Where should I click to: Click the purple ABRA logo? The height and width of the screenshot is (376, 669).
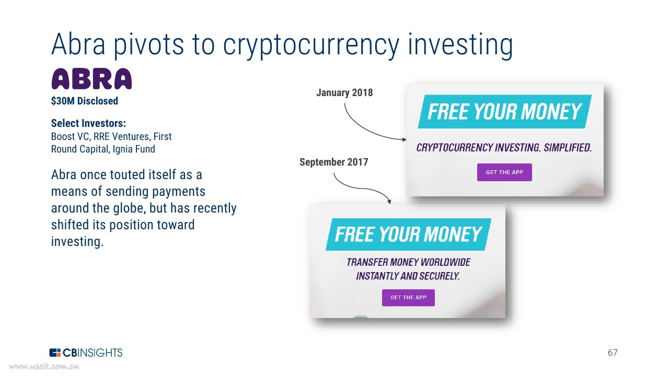click(91, 79)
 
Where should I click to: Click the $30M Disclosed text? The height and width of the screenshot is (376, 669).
click(85, 101)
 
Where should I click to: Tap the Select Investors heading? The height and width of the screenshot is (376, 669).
click(88, 123)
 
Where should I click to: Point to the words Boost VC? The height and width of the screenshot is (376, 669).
click(70, 136)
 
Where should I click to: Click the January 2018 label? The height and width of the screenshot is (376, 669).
click(344, 92)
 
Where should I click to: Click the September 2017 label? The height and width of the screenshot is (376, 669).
click(333, 162)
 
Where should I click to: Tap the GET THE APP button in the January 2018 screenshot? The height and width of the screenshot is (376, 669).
click(504, 172)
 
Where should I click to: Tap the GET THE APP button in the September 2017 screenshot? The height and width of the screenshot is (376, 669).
click(408, 298)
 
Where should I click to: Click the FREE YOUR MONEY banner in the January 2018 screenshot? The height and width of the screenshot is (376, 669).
click(504, 112)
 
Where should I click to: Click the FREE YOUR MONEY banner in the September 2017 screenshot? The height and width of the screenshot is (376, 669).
click(408, 234)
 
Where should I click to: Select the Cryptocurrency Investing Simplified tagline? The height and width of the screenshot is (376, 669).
click(504, 147)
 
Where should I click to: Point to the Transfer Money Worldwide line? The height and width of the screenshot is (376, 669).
click(408, 262)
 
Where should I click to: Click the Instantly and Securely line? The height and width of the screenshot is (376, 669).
click(408, 276)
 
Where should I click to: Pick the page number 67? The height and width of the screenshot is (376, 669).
click(613, 352)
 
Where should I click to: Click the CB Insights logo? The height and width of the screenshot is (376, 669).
click(86, 352)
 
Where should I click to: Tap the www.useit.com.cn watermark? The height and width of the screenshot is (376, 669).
click(44, 366)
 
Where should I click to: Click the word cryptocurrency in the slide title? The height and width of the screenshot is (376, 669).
click(311, 45)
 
